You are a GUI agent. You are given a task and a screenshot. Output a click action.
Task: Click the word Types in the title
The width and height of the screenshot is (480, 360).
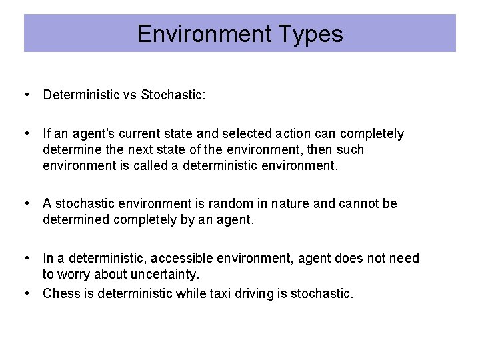tap(313, 34)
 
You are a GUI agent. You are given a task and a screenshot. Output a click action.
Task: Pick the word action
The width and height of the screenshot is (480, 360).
tap(290, 134)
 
